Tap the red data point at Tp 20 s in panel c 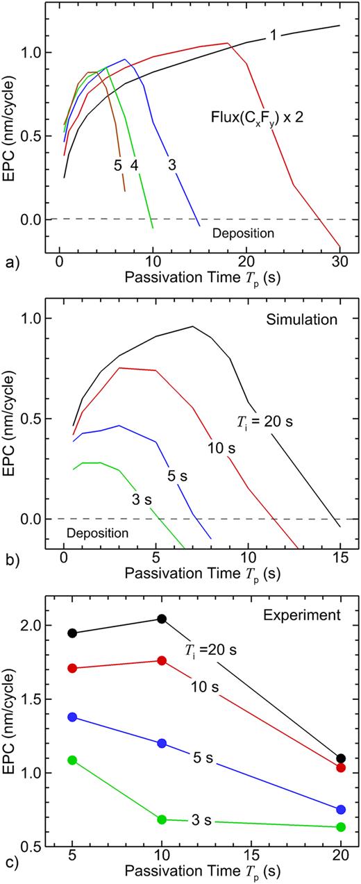click(340, 767)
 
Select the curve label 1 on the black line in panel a click(274, 35)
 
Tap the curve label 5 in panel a click(118, 165)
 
